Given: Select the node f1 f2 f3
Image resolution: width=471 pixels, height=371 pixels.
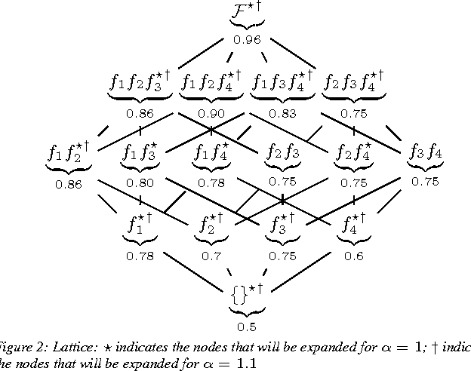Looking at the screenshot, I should (x=140, y=81).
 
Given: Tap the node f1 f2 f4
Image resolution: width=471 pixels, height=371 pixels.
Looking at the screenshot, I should (x=211, y=81).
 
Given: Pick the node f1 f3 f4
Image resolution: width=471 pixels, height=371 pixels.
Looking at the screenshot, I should (x=282, y=81).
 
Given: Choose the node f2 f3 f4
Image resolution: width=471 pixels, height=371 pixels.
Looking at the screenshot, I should (x=353, y=81).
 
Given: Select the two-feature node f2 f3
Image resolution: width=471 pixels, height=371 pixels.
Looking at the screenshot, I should (x=282, y=153).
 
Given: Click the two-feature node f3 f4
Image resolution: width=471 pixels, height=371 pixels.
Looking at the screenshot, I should (x=425, y=153).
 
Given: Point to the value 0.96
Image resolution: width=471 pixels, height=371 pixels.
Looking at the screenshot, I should (x=246, y=41).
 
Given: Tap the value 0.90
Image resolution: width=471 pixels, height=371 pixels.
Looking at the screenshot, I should (x=211, y=113).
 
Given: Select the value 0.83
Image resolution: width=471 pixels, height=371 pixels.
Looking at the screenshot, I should (x=282, y=113).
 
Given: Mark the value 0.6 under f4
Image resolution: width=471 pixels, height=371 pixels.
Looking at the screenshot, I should (x=354, y=256).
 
